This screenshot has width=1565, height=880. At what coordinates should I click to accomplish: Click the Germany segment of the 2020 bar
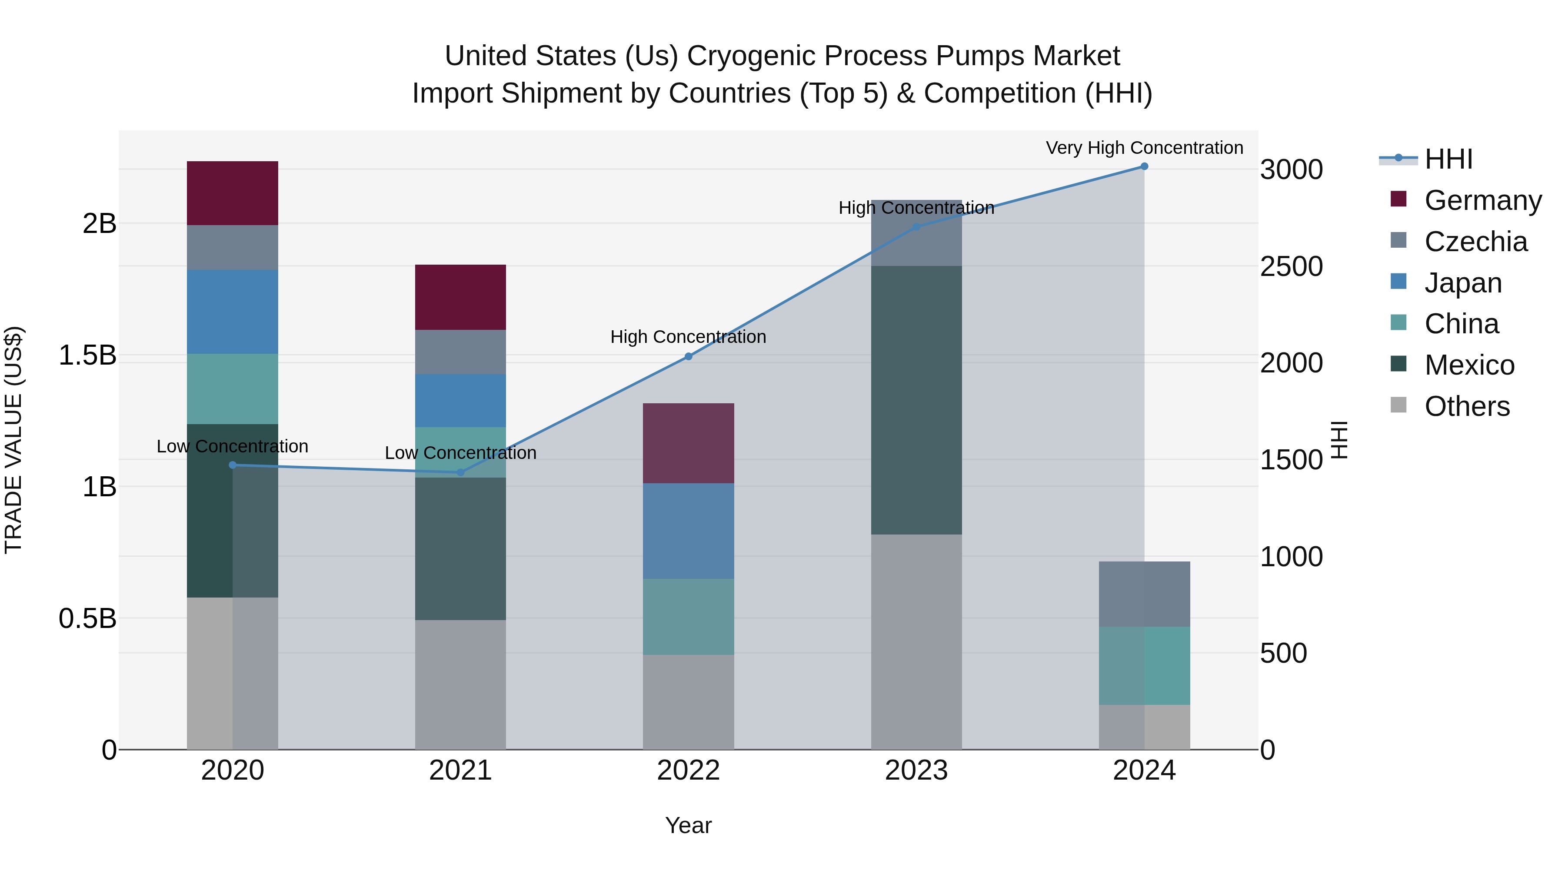coord(232,193)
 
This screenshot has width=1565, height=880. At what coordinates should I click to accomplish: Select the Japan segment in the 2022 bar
coord(688,531)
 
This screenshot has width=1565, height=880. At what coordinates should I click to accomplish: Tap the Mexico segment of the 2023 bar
coord(916,400)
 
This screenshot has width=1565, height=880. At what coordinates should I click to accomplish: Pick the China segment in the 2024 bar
coord(1144,666)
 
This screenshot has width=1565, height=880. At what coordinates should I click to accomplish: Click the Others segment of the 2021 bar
coord(460,684)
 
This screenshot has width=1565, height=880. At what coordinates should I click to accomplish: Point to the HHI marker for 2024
coord(1145,166)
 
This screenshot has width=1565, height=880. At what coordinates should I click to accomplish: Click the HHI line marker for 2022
coord(688,356)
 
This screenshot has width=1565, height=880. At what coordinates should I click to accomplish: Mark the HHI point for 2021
coord(460,472)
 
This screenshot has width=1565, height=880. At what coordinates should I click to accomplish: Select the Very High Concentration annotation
coord(1144,148)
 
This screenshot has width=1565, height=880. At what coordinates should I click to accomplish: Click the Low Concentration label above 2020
coord(232,446)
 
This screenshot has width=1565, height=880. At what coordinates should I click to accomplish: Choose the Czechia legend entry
coord(1475,242)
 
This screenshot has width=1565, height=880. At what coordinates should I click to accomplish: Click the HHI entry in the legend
coord(1448,159)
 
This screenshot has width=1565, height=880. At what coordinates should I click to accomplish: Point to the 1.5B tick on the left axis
coord(87,355)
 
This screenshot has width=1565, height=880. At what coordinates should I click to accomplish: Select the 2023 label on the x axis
coord(916,770)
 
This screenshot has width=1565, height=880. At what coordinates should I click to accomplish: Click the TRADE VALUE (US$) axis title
coord(13,440)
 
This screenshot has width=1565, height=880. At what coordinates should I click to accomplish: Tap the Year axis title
coord(688,825)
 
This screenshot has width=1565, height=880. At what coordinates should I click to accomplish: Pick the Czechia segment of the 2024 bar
coord(1144,594)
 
